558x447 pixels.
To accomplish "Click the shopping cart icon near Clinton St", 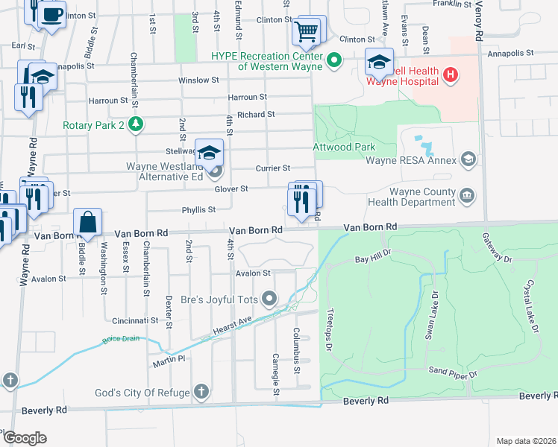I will click(x=307, y=31).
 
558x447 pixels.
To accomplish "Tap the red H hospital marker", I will click(x=450, y=74).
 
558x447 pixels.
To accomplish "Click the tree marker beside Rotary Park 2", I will click(x=135, y=124).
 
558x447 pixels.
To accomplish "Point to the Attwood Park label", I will click(x=344, y=147).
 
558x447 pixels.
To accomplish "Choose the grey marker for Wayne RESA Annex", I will click(x=468, y=158).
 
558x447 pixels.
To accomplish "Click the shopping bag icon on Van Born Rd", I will click(x=88, y=223).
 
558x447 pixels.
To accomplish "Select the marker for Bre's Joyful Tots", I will click(x=270, y=300).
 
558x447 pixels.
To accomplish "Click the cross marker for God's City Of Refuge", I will click(x=201, y=392).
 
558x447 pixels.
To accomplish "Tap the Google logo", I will click(x=25, y=437).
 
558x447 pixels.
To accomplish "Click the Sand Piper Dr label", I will click(x=452, y=371).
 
